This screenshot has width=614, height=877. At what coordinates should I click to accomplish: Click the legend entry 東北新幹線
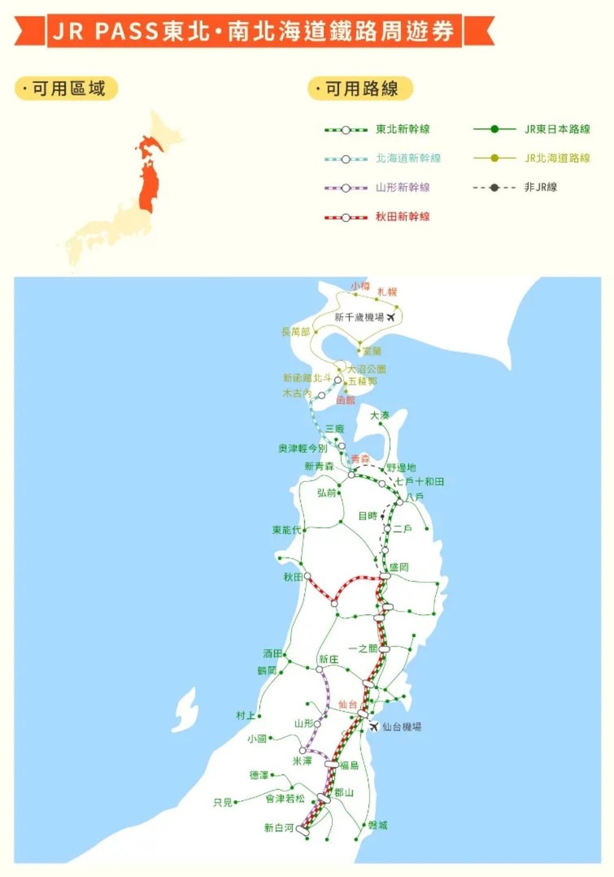click(403, 129)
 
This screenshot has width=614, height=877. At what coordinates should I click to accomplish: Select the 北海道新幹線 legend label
click(408, 158)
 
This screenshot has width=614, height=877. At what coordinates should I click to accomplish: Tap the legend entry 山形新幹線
click(403, 187)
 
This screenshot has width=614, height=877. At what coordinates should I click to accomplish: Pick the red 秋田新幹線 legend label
click(403, 217)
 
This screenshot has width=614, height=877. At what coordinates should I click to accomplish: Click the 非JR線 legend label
click(540, 187)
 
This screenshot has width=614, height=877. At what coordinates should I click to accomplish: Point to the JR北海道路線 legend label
click(557, 158)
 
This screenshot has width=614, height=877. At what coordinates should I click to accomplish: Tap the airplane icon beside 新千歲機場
click(391, 317)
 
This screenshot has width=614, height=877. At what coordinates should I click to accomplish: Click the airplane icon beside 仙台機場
click(373, 727)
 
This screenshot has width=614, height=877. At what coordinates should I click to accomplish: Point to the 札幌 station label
click(387, 292)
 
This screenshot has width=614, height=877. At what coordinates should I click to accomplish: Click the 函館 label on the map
click(346, 400)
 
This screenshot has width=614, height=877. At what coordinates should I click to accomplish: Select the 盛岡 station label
click(399, 568)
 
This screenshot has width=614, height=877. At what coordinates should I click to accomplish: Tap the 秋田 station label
click(293, 577)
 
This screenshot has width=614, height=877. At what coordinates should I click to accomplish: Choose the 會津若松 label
click(285, 798)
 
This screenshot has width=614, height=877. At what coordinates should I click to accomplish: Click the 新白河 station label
click(279, 828)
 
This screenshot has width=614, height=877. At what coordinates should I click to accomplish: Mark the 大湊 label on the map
click(379, 415)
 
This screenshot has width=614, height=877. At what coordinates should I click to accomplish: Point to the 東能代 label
click(287, 530)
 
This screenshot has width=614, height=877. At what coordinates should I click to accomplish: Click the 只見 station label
click(223, 803)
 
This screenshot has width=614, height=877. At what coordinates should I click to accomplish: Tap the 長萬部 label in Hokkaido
click(295, 331)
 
